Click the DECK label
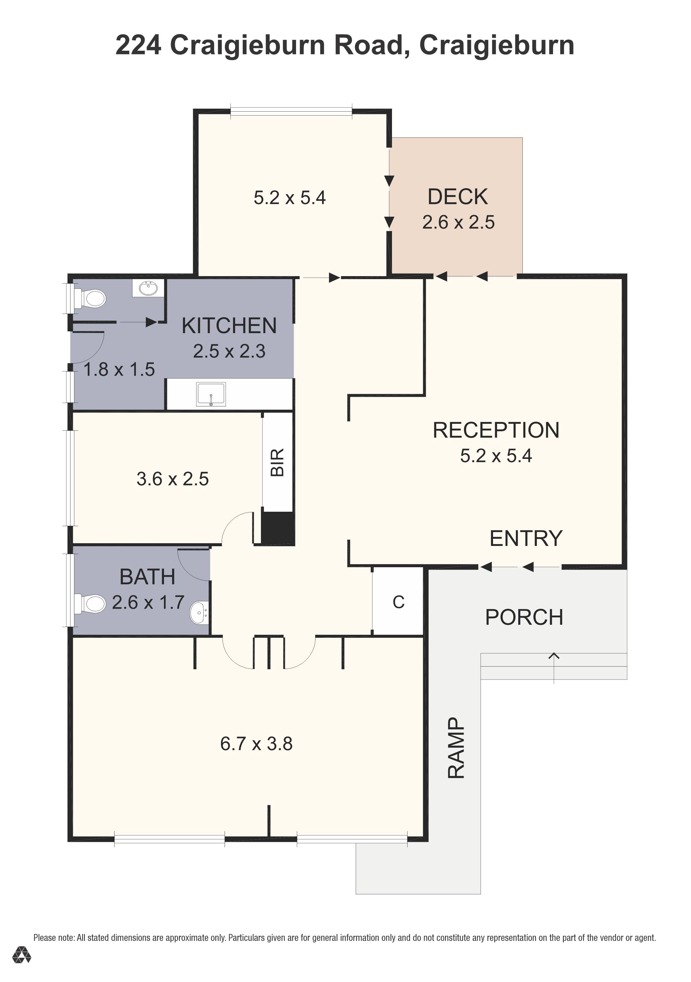(x=458, y=197)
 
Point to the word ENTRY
(x=526, y=538)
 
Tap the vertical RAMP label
(x=456, y=748)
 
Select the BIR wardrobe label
(x=278, y=462)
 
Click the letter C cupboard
(x=398, y=602)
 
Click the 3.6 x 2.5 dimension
(x=173, y=479)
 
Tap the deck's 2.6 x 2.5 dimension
(x=458, y=222)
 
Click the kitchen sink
(x=211, y=394)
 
